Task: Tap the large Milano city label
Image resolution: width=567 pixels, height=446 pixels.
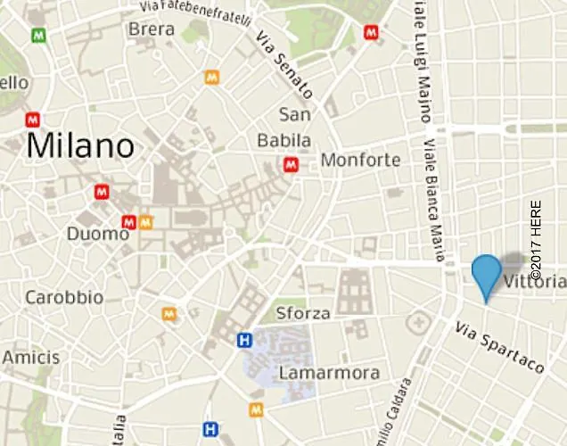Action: coord(80,146)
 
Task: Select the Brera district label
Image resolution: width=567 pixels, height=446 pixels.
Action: coord(152,29)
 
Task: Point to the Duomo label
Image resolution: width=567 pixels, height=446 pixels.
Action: coord(98,234)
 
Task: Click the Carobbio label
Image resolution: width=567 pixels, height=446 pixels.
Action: coord(64,297)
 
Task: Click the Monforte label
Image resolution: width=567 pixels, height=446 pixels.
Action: coord(360,161)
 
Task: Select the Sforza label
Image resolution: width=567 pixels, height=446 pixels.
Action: coord(303,313)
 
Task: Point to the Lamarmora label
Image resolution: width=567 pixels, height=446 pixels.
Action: coord(329,373)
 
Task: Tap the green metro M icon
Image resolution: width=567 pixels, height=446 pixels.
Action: coord(37,36)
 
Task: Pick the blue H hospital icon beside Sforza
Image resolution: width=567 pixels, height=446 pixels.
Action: coord(243,339)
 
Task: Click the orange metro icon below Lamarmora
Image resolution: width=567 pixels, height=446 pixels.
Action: coord(257,409)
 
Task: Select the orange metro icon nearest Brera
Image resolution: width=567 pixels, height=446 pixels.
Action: coord(211,77)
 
